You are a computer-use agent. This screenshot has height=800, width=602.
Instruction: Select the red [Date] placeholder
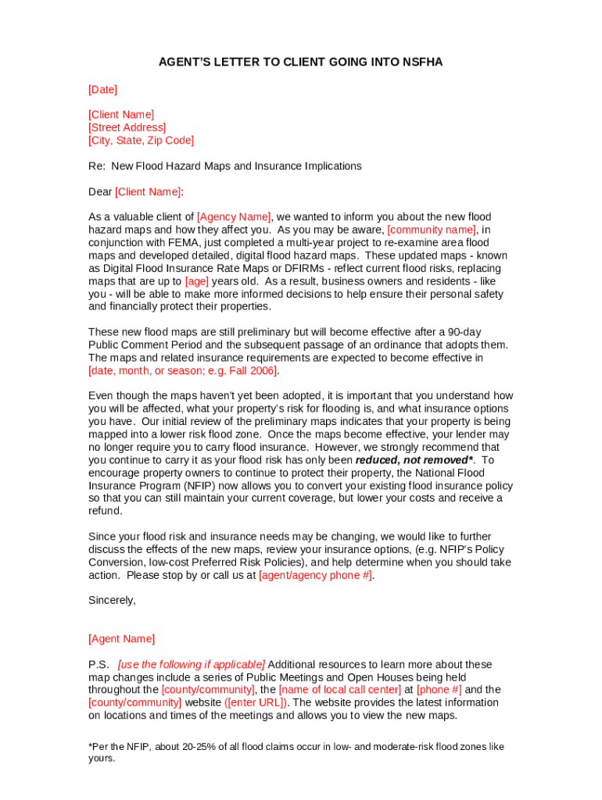(102, 90)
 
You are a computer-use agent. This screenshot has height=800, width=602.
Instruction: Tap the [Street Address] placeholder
(127, 127)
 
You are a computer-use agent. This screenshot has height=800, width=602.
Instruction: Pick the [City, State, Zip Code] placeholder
(141, 141)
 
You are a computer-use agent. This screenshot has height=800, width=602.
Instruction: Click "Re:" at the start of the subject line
(96, 166)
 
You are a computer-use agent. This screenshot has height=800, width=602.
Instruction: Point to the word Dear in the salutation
(100, 191)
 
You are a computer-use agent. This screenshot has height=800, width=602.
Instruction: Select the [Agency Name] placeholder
(234, 217)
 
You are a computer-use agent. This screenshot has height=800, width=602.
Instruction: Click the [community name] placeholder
(432, 230)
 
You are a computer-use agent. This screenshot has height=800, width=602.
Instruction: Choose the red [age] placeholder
(196, 281)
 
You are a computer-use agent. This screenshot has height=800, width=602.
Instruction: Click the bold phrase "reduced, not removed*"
(414, 460)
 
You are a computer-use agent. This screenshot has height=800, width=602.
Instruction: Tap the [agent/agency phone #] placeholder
(315, 575)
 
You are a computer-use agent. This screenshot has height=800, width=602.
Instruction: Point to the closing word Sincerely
(112, 601)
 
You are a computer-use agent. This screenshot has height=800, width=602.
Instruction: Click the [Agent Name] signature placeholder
(121, 639)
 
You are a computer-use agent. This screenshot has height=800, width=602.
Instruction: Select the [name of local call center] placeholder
(340, 690)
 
